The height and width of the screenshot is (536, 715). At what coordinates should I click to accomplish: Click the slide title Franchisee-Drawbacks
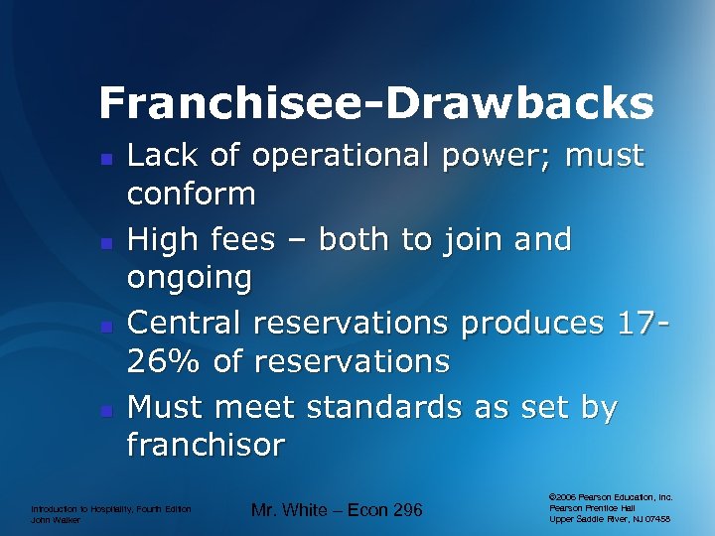tap(376, 102)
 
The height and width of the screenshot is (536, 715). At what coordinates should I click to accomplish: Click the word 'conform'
tap(191, 193)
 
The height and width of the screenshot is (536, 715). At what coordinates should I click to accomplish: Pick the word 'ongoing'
tap(190, 278)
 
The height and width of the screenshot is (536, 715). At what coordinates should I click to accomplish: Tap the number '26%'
tap(164, 360)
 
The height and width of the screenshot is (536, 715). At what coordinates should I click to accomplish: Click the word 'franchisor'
tap(206, 444)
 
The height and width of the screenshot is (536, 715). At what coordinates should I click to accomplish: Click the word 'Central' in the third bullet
tap(189, 323)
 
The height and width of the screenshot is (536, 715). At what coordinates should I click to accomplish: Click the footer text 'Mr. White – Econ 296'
tap(337, 510)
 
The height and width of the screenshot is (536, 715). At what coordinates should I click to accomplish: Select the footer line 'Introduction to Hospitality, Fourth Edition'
tap(110, 508)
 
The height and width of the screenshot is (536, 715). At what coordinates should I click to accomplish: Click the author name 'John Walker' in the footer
tap(55, 519)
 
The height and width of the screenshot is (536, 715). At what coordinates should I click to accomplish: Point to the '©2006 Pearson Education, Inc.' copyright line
tap(610, 496)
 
